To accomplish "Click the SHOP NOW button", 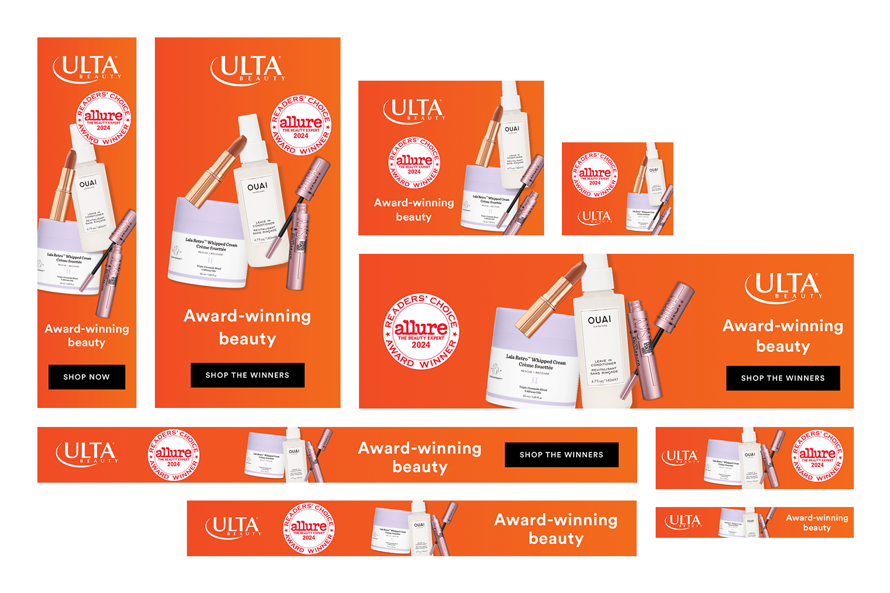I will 87,377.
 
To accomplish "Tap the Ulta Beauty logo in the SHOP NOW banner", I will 87,69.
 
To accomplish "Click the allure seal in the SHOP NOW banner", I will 103,118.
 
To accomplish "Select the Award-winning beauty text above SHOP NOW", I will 87,336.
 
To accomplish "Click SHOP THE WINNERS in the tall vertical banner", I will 247,375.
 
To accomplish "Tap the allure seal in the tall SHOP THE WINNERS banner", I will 301,125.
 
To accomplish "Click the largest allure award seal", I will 421,332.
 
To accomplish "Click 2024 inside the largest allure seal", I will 421,345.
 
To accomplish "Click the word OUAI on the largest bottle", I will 599,320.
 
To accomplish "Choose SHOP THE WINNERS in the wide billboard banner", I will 783,378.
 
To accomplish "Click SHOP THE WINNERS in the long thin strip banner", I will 561,455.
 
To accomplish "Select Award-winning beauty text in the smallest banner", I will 817,522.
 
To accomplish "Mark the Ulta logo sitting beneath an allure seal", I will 595,218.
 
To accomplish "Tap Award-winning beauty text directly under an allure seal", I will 414,210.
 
